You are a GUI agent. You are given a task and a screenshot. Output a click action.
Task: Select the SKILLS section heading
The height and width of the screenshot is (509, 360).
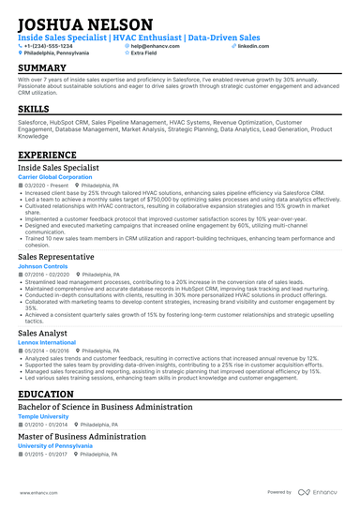click(34, 109)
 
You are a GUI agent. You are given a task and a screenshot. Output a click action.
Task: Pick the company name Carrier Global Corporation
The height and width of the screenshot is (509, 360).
click(55, 176)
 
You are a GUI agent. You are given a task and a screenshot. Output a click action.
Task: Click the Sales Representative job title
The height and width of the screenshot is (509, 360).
click(57, 254)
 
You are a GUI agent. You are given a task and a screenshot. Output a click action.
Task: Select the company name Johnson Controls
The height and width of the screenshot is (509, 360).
click(44, 264)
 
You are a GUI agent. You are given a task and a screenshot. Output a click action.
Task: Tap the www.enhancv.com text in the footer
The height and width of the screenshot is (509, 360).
click(35, 491)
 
